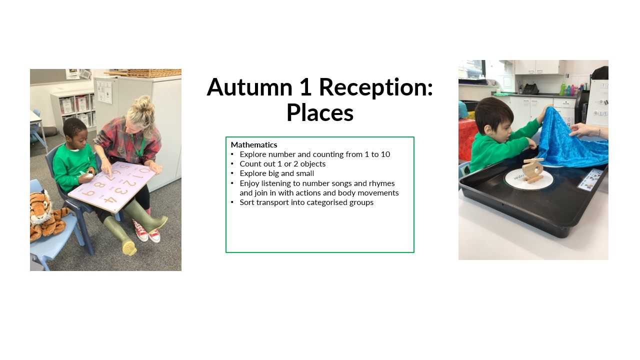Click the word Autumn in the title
pyautogui.click(x=249, y=87)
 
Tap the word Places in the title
pyautogui.click(x=320, y=112)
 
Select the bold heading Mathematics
pyautogui.click(x=254, y=145)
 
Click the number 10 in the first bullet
pyautogui.click(x=385, y=154)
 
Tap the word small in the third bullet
pyautogui.click(x=305, y=173)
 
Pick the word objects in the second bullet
pyautogui.click(x=313, y=164)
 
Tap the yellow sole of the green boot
pyautogui.click(x=129, y=248)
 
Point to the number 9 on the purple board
pyautogui.click(x=88, y=193)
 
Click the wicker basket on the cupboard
pyautogui.click(x=153, y=73)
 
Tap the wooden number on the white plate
pyautogui.click(x=532, y=170)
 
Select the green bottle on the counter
pyautogui.click(x=562, y=89)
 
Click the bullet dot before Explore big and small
pyautogui.click(x=232, y=173)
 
